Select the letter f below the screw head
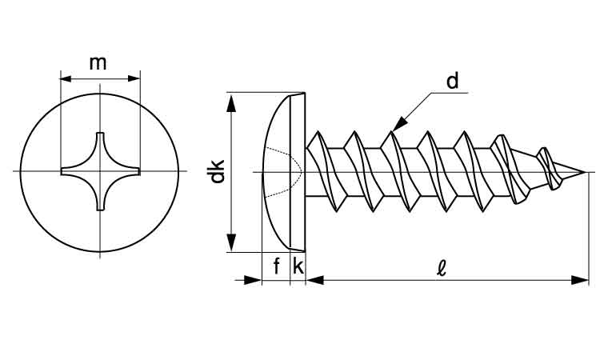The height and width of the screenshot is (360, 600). tap(277, 266)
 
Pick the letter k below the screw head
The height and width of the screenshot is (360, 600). tap(298, 266)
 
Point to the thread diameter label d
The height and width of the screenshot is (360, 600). tap(452, 81)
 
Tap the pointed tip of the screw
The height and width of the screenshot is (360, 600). tap(584, 171)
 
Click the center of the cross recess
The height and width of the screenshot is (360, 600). tap(100, 171)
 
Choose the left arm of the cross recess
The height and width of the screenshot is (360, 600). tap(71, 171)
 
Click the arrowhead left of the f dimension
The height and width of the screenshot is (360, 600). tap(254, 279)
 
